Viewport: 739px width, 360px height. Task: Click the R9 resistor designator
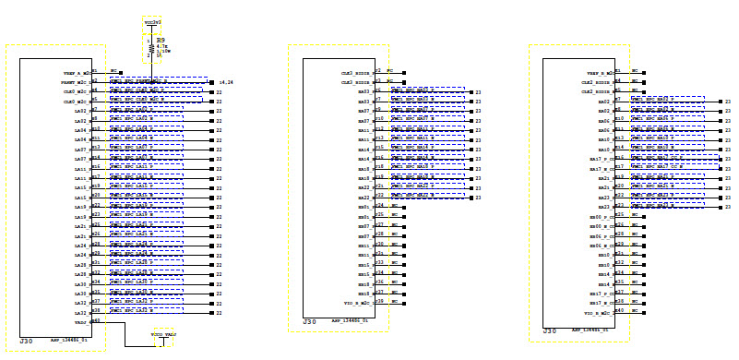pos(161,40)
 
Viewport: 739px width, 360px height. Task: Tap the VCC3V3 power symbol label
pos(153,20)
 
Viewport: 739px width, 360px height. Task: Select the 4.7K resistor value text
pos(161,45)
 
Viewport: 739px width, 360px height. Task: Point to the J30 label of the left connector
pos(27,341)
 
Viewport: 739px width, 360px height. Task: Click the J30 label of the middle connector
pos(310,322)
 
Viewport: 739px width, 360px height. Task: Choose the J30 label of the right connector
pos(550,330)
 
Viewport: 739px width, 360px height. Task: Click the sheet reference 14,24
pos(226,82)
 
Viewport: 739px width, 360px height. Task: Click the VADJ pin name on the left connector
pos(80,322)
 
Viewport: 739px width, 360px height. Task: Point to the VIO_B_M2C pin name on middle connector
pos(357,303)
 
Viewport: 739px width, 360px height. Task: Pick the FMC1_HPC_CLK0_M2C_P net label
pos(146,92)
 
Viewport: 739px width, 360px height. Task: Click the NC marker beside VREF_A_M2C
pos(113,70)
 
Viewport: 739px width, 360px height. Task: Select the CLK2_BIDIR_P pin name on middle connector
pos(356,72)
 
